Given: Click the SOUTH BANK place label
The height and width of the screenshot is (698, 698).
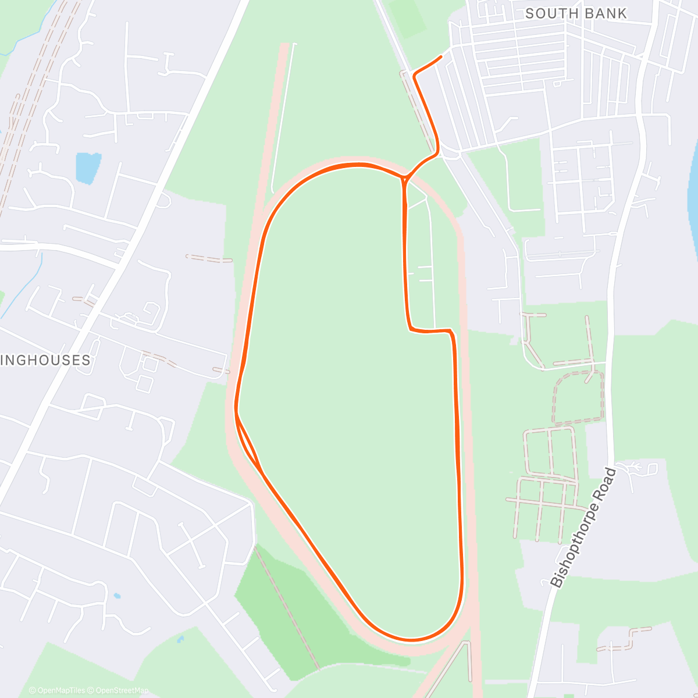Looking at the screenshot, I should pos(576,13).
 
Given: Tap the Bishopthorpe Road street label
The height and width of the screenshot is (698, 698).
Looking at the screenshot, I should pos(582,528).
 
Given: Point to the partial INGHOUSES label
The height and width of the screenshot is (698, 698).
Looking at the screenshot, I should pos(46,360).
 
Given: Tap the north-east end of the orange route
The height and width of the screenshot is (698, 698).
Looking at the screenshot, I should pos(441,56).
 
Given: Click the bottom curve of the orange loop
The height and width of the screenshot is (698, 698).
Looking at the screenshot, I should pos(410,640).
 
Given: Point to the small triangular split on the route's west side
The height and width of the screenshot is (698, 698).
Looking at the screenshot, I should pos(246,436).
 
